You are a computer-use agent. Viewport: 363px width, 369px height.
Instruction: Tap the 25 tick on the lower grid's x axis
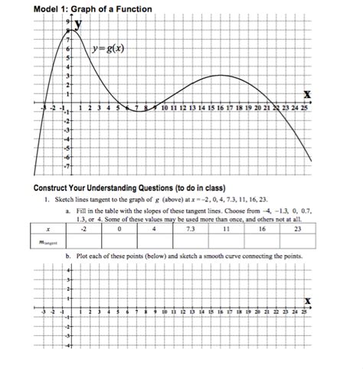coord(305,314)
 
